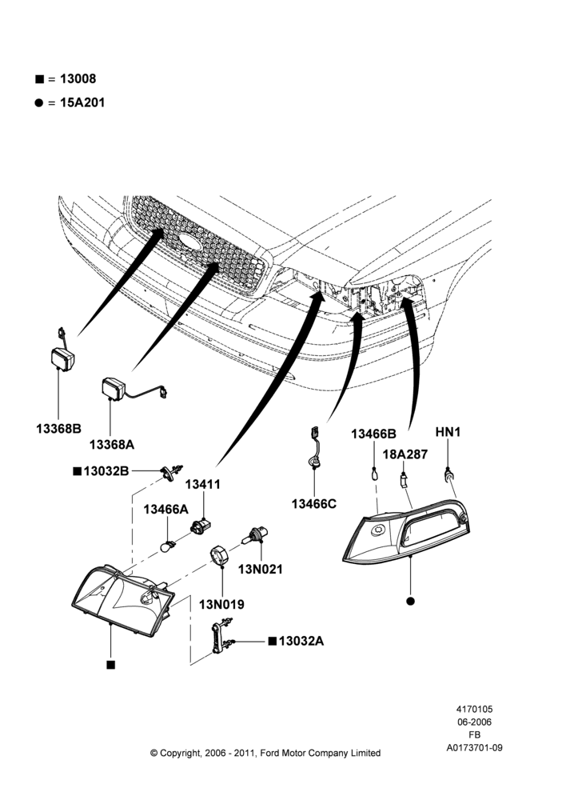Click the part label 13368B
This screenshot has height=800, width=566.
click(58, 429)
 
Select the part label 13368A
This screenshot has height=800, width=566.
click(112, 444)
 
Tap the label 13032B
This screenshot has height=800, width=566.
click(106, 470)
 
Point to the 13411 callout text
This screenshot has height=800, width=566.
click(202, 484)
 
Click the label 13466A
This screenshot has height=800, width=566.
click(165, 509)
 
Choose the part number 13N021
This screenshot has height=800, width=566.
click(260, 569)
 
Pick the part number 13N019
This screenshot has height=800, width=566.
click(221, 604)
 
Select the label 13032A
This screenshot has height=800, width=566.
click(301, 641)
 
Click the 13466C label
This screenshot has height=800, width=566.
click(314, 503)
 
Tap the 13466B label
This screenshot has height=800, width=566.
click(373, 434)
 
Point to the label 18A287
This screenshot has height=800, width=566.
click(405, 454)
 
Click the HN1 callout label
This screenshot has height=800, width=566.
click(448, 432)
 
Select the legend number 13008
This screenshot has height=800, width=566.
click(78, 78)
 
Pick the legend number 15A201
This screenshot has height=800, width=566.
click(82, 102)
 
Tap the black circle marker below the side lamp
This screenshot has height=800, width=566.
click(410, 601)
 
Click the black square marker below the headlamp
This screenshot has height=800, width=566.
click(110, 665)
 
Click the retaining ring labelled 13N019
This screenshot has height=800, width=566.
click(220, 555)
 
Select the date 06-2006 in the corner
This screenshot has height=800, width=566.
click(474, 722)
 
